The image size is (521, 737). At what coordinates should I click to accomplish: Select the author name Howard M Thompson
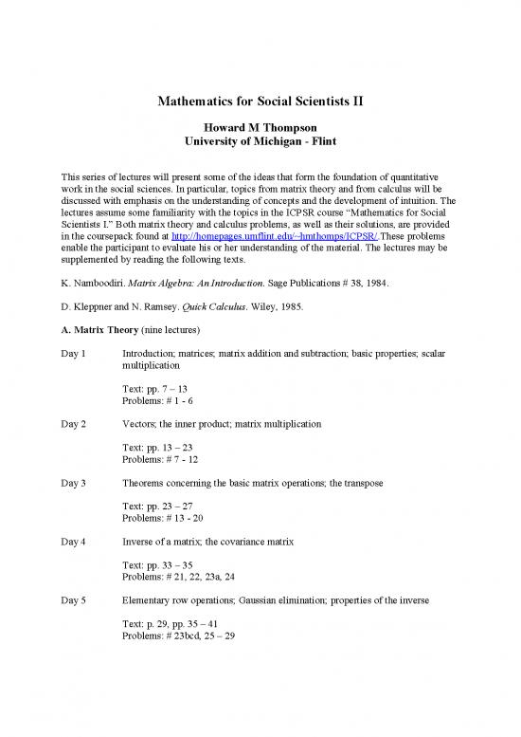pyautogui.click(x=260, y=127)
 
